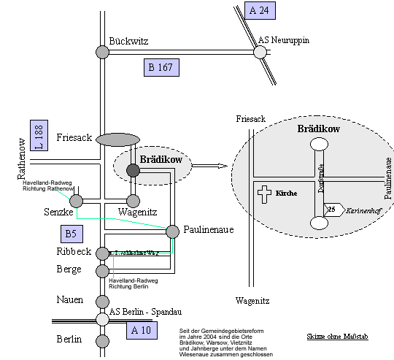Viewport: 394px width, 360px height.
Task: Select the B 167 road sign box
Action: [x=161, y=68]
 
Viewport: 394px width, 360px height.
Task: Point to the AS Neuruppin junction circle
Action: [x=259, y=52]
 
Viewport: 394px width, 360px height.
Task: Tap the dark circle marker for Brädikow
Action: [x=133, y=170]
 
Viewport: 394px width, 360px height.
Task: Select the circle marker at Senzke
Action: [x=76, y=200]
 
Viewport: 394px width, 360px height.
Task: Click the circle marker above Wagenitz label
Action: [x=133, y=200]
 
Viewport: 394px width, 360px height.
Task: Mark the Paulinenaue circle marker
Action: [x=173, y=231]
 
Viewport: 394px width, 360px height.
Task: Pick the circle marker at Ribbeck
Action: [x=102, y=253]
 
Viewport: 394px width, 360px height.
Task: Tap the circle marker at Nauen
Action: [x=102, y=300]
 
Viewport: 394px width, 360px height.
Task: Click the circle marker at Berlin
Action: [x=102, y=340]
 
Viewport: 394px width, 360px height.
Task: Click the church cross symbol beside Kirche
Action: [x=264, y=194]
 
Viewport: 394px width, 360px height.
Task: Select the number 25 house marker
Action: [x=332, y=210]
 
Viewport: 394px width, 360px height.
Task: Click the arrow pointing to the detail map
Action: [x=212, y=166]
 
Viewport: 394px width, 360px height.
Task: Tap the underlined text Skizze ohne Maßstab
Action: [x=337, y=337]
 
